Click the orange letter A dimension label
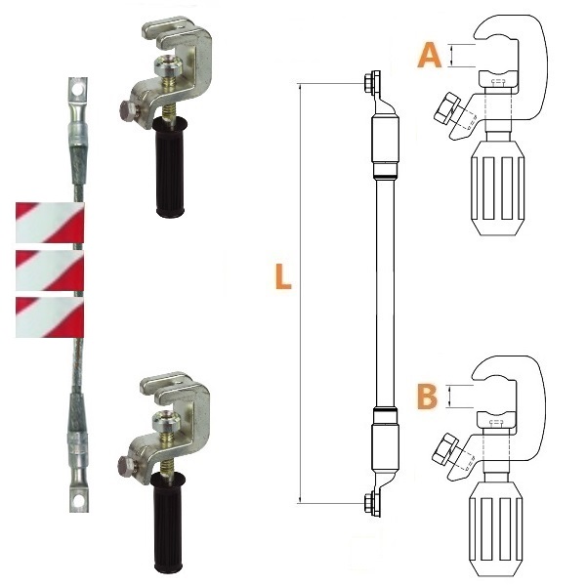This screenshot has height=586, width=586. pyautogui.click(x=430, y=56)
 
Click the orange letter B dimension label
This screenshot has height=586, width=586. pyautogui.click(x=427, y=397)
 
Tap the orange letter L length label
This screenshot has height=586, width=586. pyautogui.click(x=283, y=276)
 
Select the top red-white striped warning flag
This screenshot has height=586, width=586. pyautogui.click(x=50, y=223)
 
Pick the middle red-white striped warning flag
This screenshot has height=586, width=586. pyautogui.click(x=50, y=271)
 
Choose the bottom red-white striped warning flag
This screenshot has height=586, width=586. pyautogui.click(x=50, y=317)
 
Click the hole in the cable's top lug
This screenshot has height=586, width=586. pyautogui.click(x=78, y=90)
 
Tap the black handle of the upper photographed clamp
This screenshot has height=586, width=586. pyautogui.click(x=170, y=166)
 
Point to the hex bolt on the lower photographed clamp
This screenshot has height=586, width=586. pyautogui.click(x=127, y=467)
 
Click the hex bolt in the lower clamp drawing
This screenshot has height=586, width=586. pyautogui.click(x=444, y=448)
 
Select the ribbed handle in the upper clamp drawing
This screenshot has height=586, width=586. pyautogui.click(x=497, y=188)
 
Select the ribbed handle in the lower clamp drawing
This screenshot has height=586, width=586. pyautogui.click(x=495, y=529)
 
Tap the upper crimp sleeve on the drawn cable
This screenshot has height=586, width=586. pyautogui.click(x=385, y=140)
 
